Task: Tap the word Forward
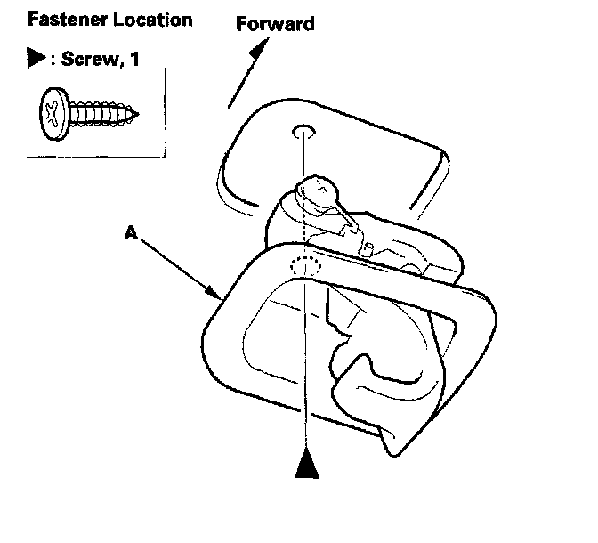[x=275, y=24]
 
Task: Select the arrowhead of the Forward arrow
[x=258, y=51]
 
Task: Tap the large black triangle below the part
[x=306, y=465]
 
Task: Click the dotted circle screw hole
[x=304, y=267]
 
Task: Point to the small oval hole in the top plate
[x=303, y=132]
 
